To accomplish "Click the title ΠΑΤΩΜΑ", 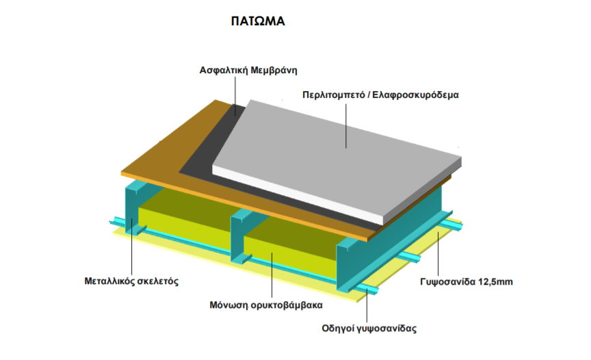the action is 257,21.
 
